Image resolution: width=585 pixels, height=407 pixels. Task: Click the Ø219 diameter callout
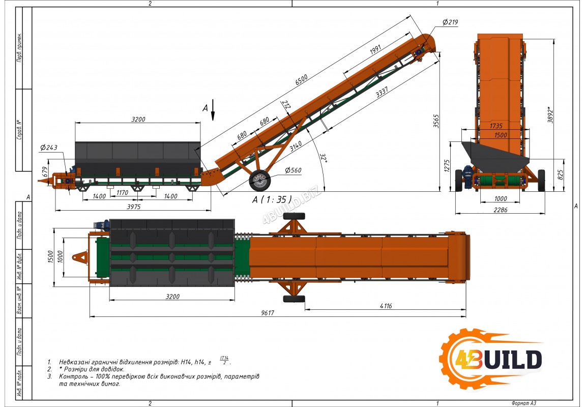[450, 22]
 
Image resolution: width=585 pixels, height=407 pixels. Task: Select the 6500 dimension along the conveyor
[302, 79]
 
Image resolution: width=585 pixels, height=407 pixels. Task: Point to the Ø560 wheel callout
[293, 170]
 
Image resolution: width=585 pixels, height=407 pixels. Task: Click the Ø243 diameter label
[49, 148]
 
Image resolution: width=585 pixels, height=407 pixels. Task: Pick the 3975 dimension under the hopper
[134, 207]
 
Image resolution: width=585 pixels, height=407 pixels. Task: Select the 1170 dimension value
[122, 193]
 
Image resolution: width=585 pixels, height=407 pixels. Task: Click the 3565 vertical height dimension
[436, 121]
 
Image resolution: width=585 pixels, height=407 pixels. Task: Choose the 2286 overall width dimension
[501, 210]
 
